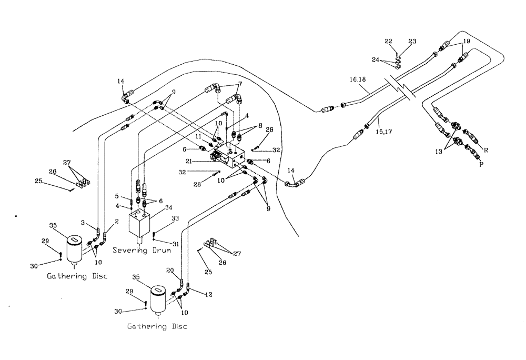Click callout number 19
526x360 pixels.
[x=466, y=41]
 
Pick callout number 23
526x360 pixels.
[x=412, y=41]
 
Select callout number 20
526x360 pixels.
[x=170, y=270]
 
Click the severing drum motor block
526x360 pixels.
[x=140, y=224]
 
